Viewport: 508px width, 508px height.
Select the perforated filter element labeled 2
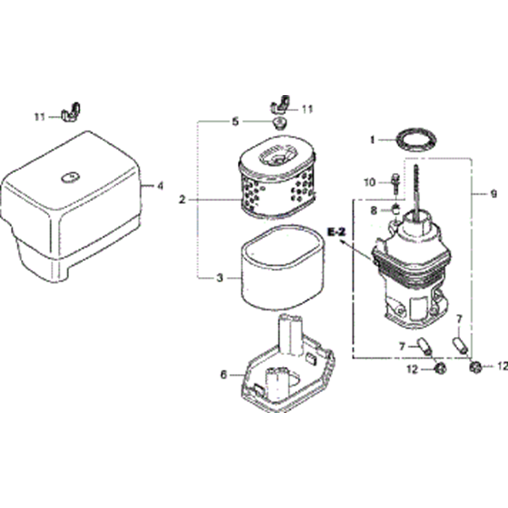pyautogui.click(x=277, y=177)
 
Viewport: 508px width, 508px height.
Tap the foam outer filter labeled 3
pyautogui.click(x=281, y=267)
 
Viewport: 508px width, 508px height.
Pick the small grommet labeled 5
pyautogui.click(x=278, y=123)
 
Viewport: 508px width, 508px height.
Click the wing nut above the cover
pyautogui.click(x=70, y=113)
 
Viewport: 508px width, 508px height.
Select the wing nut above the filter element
pyautogui.click(x=280, y=104)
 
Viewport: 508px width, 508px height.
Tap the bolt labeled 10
pyautogui.click(x=396, y=184)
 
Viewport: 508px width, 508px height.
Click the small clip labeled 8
pyautogui.click(x=395, y=209)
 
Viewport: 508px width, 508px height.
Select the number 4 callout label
pyautogui.click(x=160, y=186)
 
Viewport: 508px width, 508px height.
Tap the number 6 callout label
pyautogui.click(x=224, y=375)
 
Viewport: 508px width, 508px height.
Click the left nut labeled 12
pyautogui.click(x=439, y=368)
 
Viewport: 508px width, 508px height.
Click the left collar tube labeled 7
pyautogui.click(x=424, y=346)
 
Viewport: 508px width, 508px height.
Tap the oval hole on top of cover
pyautogui.click(x=71, y=177)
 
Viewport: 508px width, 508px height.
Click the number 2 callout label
pyautogui.click(x=182, y=200)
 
